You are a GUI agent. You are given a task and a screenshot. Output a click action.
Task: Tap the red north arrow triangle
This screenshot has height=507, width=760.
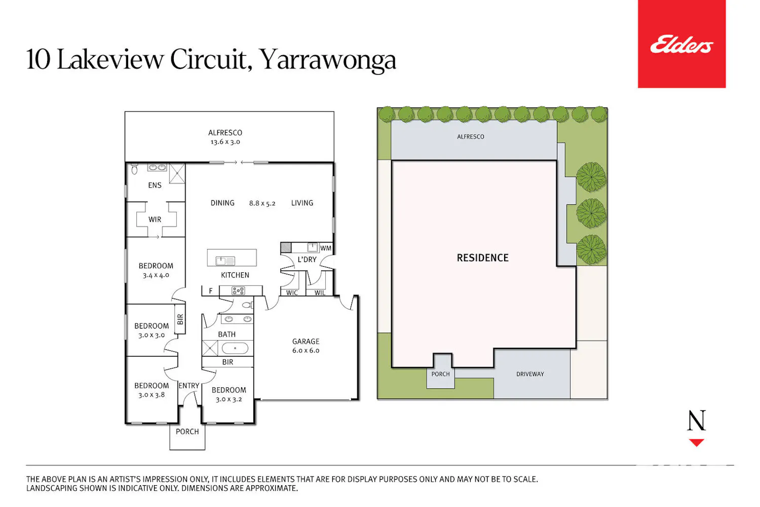[696, 443]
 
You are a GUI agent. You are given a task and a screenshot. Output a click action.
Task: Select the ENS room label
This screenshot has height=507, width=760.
[155, 185]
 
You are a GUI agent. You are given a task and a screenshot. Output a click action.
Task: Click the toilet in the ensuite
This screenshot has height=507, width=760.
[134, 168]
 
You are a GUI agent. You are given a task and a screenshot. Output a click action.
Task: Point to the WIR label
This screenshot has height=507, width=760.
[155, 220]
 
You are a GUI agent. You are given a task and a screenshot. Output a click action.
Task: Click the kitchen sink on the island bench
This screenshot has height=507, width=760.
[225, 261]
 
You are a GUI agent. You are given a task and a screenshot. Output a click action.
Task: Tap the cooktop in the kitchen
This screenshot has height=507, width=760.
[238, 291]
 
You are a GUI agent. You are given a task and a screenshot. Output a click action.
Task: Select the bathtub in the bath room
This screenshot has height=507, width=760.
[235, 348]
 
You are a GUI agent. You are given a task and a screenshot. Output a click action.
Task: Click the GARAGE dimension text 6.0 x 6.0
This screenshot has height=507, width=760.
[306, 350]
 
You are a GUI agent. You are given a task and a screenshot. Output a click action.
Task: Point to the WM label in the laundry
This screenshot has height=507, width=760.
[325, 248]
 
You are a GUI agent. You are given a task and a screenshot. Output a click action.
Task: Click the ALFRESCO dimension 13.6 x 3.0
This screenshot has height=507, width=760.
[225, 142]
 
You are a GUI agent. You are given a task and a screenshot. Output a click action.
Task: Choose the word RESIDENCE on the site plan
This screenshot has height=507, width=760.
[482, 258]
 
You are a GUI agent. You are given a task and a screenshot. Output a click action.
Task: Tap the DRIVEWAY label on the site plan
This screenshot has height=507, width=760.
[530, 374]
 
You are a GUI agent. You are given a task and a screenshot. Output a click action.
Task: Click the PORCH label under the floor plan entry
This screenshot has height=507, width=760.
[187, 431]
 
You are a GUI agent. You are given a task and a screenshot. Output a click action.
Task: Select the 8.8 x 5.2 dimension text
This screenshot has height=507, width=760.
[262, 203]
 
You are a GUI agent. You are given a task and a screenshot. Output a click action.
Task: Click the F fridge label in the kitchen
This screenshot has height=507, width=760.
[211, 291]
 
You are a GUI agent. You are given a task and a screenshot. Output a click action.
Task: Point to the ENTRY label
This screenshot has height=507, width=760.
[188, 386]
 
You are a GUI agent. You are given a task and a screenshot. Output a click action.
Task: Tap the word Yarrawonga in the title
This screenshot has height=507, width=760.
[327, 60]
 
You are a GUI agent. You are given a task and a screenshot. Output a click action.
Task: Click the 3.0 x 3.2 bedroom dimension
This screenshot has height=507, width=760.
[229, 400]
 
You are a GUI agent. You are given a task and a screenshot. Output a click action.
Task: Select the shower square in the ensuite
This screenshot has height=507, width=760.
[177, 173]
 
